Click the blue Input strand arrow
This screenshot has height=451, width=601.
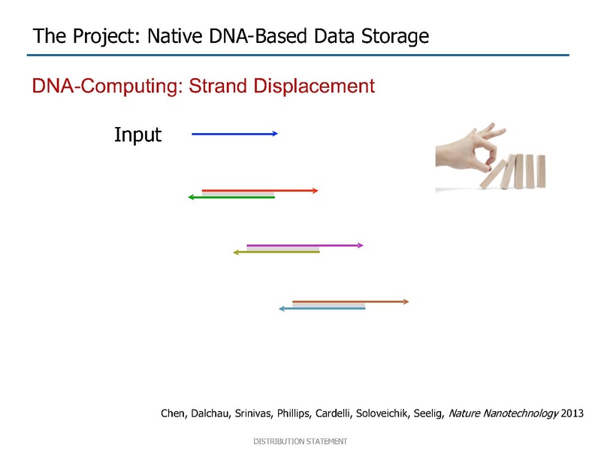(x=234, y=134)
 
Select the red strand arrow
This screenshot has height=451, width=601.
(x=260, y=191)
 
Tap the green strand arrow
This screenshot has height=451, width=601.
(x=231, y=197)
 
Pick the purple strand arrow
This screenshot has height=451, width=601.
(x=305, y=245)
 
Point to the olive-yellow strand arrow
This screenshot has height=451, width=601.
(x=276, y=252)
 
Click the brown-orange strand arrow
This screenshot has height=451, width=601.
(x=350, y=302)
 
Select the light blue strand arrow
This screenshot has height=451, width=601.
(x=322, y=308)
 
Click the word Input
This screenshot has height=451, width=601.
(x=138, y=135)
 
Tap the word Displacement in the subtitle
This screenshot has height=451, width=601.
(x=314, y=86)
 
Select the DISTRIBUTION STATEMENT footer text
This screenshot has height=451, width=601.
(x=300, y=441)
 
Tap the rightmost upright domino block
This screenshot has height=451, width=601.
(x=541, y=171)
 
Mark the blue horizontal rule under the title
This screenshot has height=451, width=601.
(x=297, y=55)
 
